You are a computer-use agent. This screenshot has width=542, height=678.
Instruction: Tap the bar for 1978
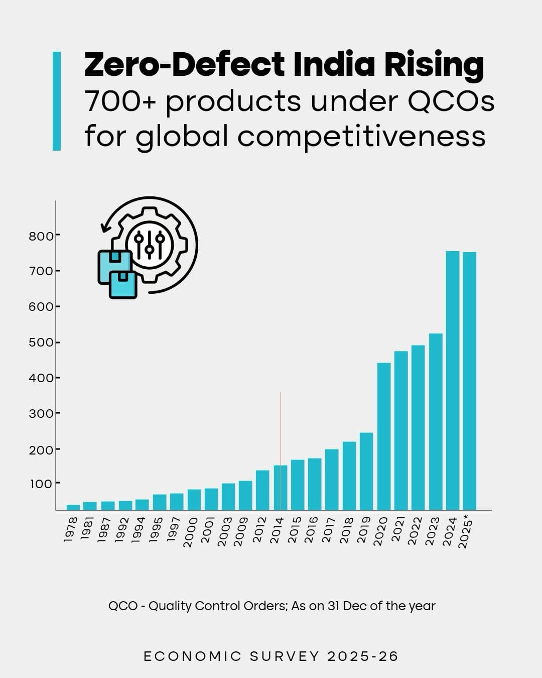pos(73,507)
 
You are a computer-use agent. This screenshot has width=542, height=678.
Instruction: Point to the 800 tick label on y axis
pos(41,236)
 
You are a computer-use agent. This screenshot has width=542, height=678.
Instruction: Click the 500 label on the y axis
pos(41,343)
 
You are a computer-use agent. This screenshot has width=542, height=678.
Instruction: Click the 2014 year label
pos(277,530)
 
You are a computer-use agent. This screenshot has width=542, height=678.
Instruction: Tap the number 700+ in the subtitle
pos(120,101)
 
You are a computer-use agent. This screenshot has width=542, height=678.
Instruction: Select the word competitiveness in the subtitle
pos(361,136)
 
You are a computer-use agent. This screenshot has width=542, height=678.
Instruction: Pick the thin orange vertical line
pos(281,427)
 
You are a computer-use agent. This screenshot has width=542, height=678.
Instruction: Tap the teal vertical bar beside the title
pos(57,101)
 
